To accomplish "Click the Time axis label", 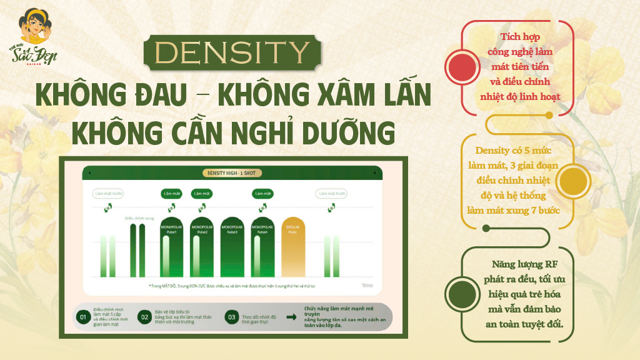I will point(367,285).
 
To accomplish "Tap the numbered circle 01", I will point(82,317).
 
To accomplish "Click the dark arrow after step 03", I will point(291,317).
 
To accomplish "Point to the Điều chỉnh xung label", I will point(139,218).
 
